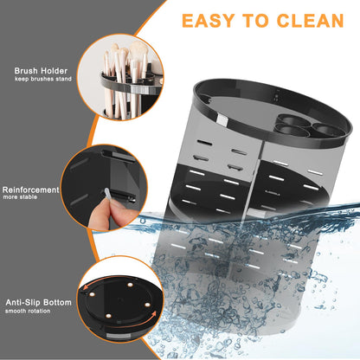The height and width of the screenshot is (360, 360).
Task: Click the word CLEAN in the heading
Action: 303,21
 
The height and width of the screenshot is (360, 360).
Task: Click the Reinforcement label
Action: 30,189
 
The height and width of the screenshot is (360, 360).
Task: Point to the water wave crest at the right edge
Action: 346,208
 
